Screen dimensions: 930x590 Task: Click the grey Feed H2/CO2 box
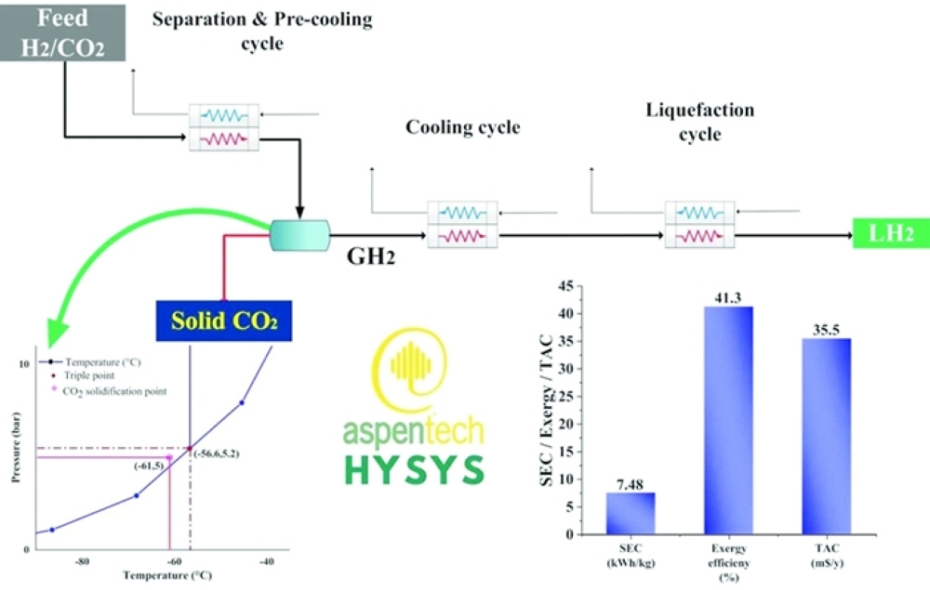tap(62, 33)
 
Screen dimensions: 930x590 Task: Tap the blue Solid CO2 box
tap(223, 321)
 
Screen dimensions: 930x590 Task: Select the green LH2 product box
tap(891, 233)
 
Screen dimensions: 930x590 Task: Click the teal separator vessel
tap(299, 235)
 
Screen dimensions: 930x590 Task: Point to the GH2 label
tap(371, 256)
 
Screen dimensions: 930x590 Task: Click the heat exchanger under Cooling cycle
tap(462, 225)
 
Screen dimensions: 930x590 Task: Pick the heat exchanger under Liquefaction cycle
tap(700, 225)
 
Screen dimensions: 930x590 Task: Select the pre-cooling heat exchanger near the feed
tap(223, 127)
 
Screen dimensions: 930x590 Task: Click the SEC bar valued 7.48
tap(631, 513)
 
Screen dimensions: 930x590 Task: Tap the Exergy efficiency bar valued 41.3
tap(728, 420)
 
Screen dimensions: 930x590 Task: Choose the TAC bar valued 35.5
tap(826, 436)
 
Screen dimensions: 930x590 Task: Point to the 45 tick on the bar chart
tap(566, 287)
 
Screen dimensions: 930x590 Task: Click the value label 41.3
tap(728, 298)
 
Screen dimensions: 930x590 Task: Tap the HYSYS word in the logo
tap(415, 470)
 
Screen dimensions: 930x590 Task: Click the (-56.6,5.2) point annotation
tap(217, 453)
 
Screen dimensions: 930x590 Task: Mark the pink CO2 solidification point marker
tap(169, 457)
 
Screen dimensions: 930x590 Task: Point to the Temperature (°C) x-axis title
tap(167, 575)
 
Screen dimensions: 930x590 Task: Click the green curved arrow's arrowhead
tap(57, 333)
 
